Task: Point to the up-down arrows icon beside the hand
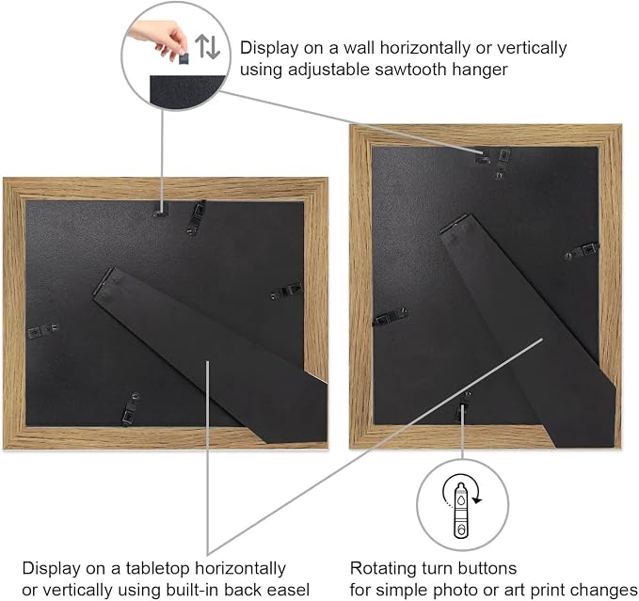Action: pos(207,46)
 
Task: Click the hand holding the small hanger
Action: pos(161,39)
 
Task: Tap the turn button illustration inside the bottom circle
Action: pos(461,510)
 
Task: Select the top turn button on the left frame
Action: pos(197,218)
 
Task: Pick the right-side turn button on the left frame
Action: pos(287,291)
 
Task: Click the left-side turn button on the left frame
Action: pos(43,331)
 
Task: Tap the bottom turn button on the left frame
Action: pos(131,409)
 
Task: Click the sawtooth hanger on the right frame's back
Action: pos(483,158)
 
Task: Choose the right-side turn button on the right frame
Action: pos(582,251)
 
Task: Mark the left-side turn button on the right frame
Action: pos(391,316)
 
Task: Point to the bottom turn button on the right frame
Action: pos(462,406)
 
